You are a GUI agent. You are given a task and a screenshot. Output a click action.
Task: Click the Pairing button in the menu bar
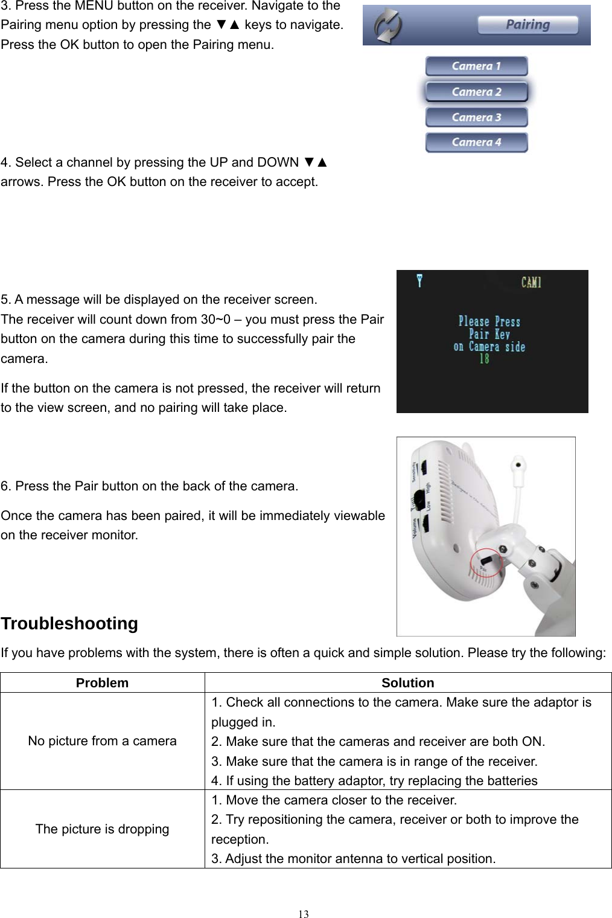click(x=528, y=25)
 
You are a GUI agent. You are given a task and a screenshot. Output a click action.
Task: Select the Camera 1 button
click(x=476, y=66)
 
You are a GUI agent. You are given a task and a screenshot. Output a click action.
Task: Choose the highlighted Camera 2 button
click(x=476, y=92)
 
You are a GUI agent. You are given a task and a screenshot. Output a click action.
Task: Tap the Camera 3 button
click(x=476, y=117)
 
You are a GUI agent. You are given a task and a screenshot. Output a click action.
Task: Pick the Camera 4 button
click(x=476, y=143)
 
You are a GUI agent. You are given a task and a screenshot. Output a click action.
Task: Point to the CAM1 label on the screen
click(x=531, y=282)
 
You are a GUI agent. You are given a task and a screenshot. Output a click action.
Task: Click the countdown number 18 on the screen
click(x=484, y=359)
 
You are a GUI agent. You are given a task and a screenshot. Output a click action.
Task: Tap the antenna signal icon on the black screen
click(x=419, y=280)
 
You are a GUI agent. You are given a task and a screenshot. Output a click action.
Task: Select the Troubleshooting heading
click(x=69, y=623)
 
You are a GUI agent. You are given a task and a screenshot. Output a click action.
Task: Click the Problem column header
click(x=102, y=683)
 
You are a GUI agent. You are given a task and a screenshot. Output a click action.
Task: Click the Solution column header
click(x=407, y=683)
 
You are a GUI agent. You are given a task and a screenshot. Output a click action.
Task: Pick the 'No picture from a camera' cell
click(x=102, y=741)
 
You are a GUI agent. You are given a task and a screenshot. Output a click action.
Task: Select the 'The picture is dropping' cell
click(x=102, y=829)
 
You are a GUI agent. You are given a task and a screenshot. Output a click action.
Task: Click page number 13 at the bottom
click(x=304, y=914)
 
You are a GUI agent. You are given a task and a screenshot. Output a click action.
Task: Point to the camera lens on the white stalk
click(x=517, y=466)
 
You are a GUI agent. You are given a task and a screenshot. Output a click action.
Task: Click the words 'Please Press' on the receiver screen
click(x=489, y=322)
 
